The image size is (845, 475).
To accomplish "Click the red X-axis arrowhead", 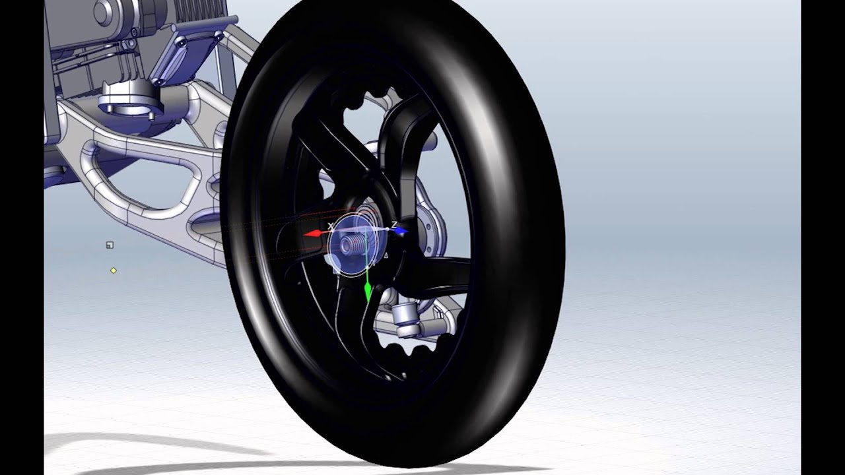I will (x=312, y=234).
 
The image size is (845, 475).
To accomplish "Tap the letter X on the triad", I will (x=331, y=226).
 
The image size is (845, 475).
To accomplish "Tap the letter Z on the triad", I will (x=394, y=225).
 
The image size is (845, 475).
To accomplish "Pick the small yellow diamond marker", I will (x=114, y=270).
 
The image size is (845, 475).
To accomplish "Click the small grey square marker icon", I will (x=110, y=245).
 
